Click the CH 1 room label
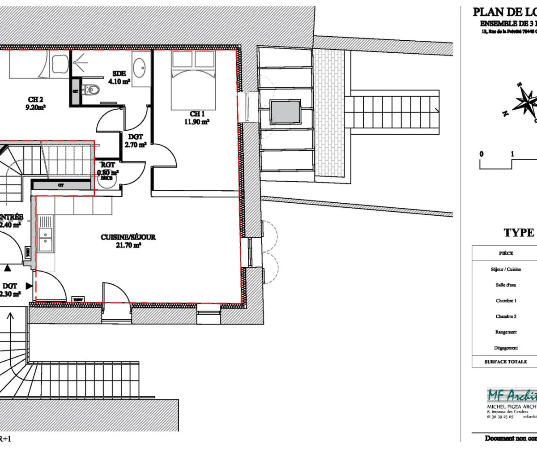[x=197, y=114]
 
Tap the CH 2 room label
[x=36, y=100]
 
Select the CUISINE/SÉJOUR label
[x=128, y=237]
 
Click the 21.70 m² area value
[x=129, y=245]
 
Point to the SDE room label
[x=119, y=73]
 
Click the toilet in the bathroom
[x=91, y=89]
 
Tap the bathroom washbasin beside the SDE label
[x=141, y=68]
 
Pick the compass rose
[x=525, y=103]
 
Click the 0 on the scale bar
[x=482, y=154]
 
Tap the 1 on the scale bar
[x=512, y=154]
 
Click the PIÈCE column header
[x=506, y=253]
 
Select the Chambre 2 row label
[x=506, y=316]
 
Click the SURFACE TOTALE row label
[x=506, y=362]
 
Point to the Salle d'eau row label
[x=506, y=285]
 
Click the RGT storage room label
[x=108, y=165]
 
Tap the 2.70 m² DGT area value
[x=135, y=145]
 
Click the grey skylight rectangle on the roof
[x=285, y=112]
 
